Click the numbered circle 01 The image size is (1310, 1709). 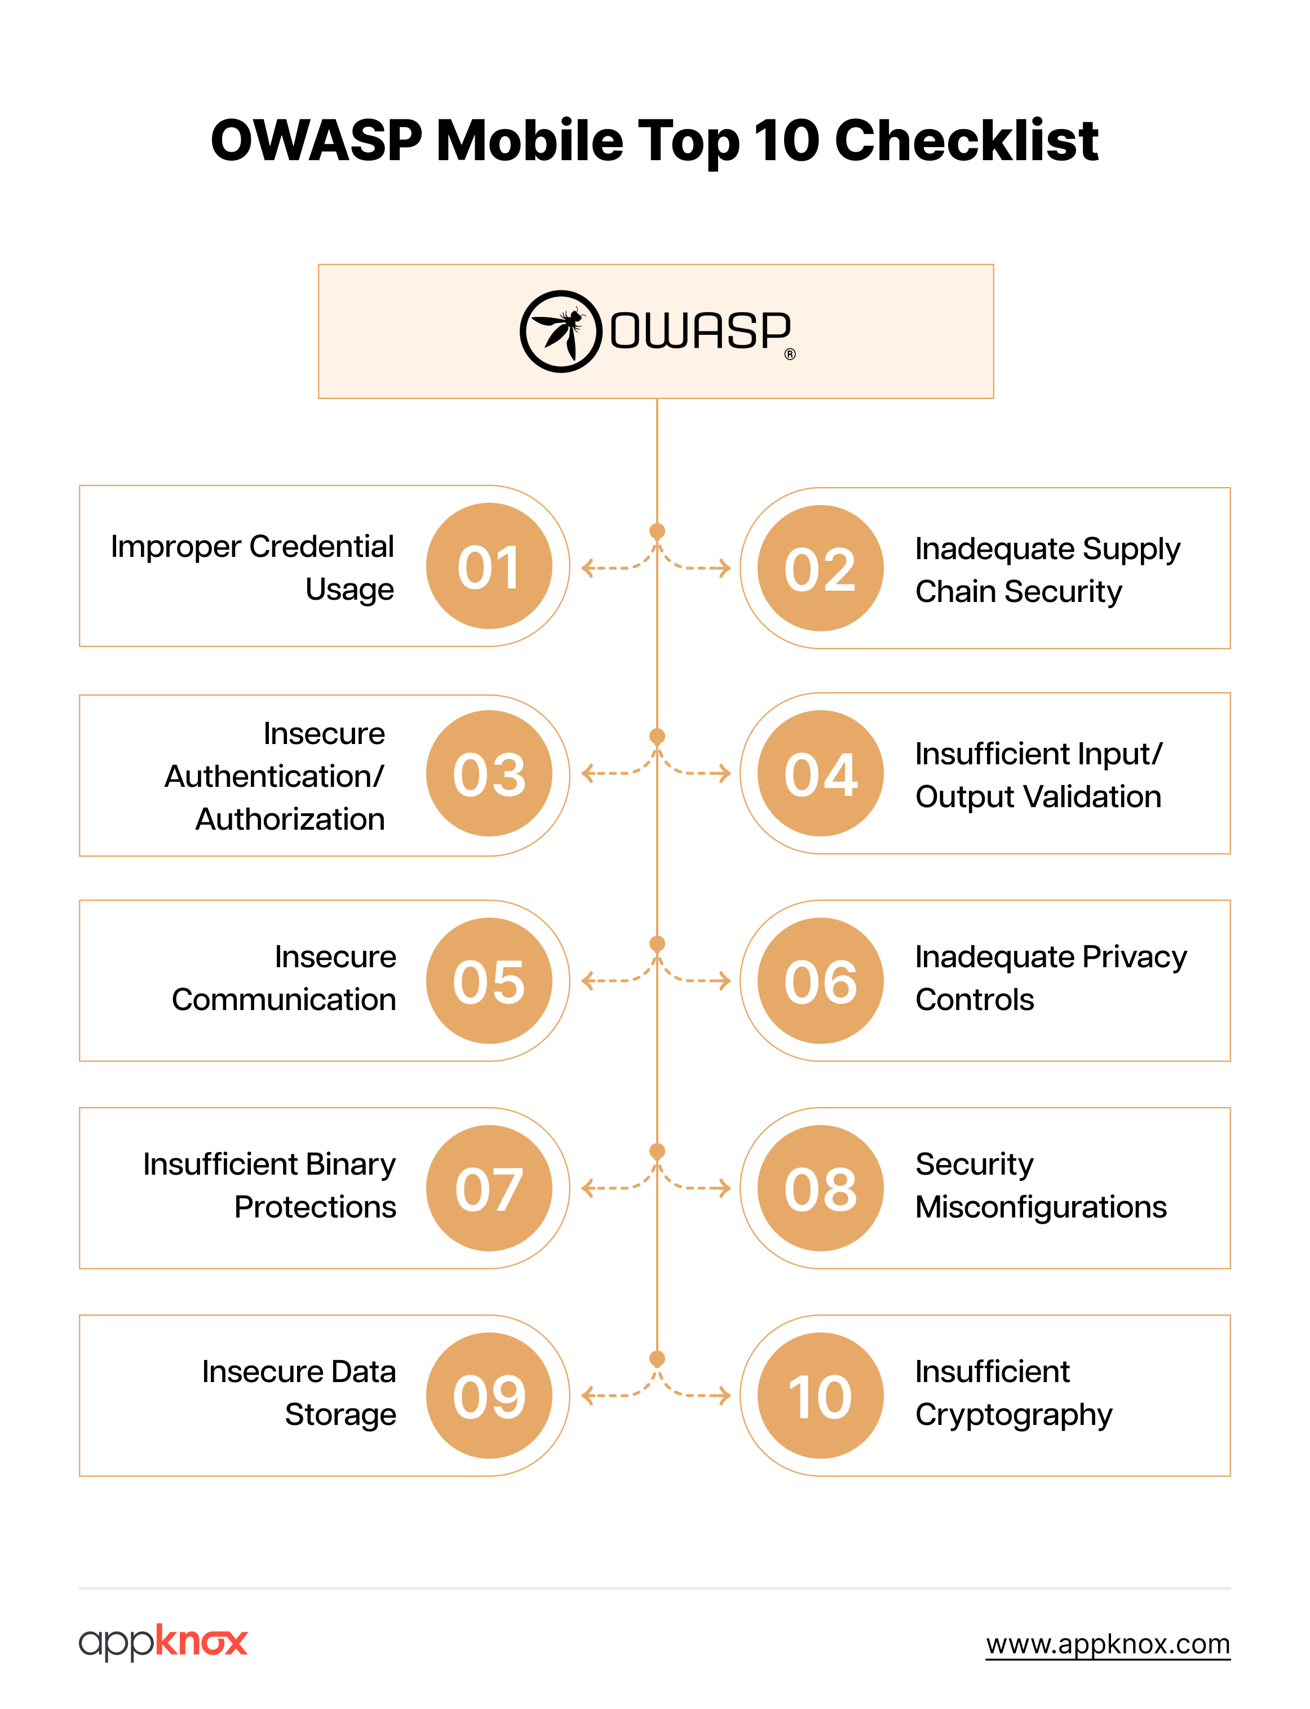(489, 566)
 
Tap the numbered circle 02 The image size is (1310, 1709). (820, 568)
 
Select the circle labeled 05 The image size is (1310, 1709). (489, 981)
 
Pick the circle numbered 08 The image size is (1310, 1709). (820, 1188)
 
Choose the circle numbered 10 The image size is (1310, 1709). (820, 1396)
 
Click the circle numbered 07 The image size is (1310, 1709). (489, 1188)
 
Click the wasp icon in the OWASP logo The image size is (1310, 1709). (561, 331)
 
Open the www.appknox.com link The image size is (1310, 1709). (1107, 1644)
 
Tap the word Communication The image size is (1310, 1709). (284, 999)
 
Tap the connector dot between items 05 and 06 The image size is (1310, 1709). (657, 944)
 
